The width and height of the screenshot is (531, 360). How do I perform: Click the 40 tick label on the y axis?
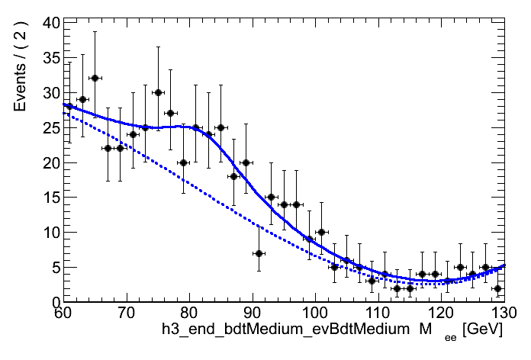tap(50, 23)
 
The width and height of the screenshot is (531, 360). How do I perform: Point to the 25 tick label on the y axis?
tap(50, 127)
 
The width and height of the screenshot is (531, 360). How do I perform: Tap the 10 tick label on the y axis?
tap(50, 232)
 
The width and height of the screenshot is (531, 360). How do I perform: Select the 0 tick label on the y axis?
tap(53, 302)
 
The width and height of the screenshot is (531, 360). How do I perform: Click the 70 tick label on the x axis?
tap(127, 313)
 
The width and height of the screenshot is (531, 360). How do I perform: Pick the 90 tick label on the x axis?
tap(253, 313)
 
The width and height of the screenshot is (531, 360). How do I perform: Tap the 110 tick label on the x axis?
tap(378, 313)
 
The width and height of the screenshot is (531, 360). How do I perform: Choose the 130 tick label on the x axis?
tap(503, 313)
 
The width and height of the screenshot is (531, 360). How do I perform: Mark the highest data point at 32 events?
tap(95, 78)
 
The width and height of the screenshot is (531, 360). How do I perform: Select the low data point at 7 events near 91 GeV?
tap(259, 253)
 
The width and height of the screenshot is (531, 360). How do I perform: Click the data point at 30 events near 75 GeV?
tap(158, 92)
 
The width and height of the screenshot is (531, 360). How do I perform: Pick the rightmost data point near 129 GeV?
tap(497, 288)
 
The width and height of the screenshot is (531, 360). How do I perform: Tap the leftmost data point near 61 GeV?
tap(69, 106)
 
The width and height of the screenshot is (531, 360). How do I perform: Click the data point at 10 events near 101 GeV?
tap(321, 232)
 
